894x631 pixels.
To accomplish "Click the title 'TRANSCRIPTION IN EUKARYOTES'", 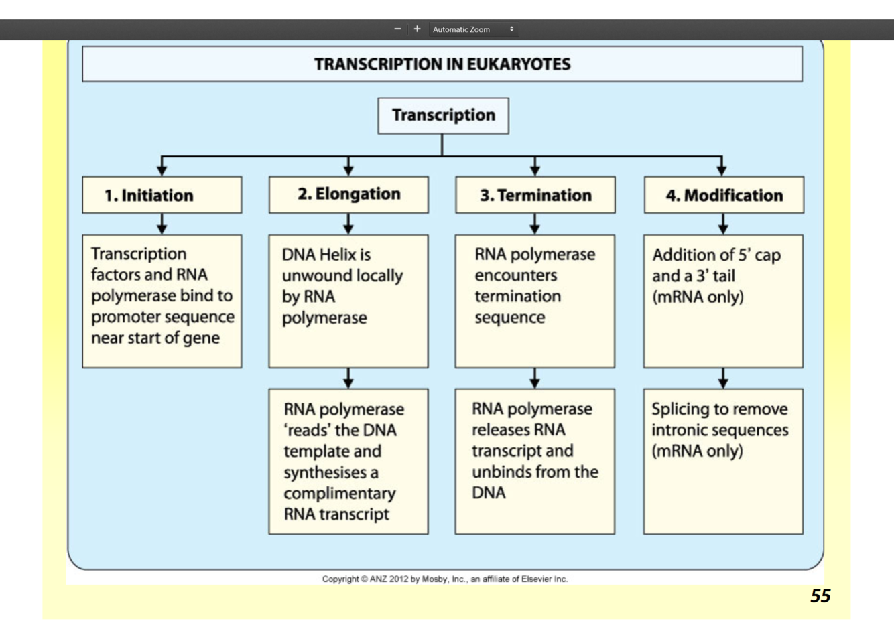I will tap(442, 64).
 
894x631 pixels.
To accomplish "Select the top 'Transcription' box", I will tap(443, 115).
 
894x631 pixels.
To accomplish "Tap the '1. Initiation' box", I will tap(162, 195).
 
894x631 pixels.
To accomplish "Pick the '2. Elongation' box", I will tap(348, 194).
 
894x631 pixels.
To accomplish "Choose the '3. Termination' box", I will tap(535, 195).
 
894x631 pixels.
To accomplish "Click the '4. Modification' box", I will tap(724, 195).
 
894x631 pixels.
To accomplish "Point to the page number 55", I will tap(820, 595).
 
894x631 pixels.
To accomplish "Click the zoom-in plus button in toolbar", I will tap(417, 29).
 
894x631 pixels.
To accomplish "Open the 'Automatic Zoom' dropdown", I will tap(473, 29).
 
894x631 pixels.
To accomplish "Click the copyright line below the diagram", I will tap(444, 579).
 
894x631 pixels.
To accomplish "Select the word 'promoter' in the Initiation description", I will tap(123, 317).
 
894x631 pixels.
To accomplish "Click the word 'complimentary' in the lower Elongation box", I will tap(339, 494).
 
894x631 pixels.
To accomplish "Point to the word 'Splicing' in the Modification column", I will tap(680, 409).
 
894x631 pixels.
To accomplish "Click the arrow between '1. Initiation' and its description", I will tap(162, 224).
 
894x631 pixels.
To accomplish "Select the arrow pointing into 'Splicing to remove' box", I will tap(722, 379).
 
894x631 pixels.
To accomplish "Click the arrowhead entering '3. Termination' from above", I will tap(535, 168).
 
